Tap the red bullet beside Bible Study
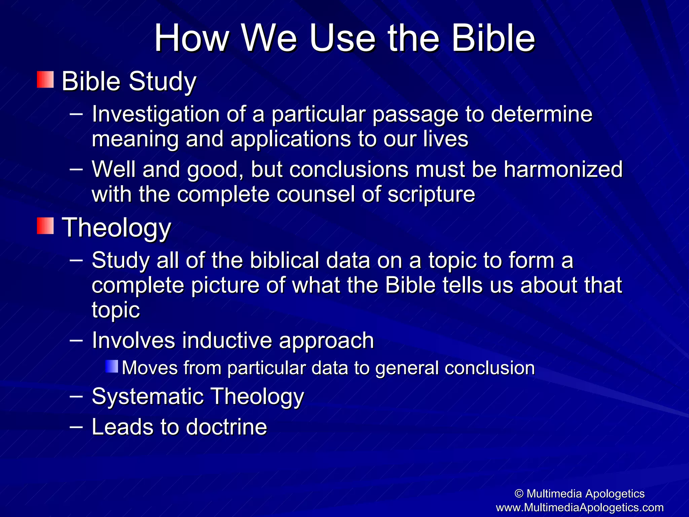click(x=45, y=79)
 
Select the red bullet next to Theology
click(x=45, y=226)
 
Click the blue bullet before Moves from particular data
click(x=112, y=367)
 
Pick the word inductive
click(x=227, y=340)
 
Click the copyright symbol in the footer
click(x=519, y=494)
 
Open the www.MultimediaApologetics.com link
click(x=580, y=507)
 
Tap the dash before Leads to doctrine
click(x=76, y=426)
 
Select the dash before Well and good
click(x=76, y=169)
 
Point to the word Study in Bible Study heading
click(x=162, y=81)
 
